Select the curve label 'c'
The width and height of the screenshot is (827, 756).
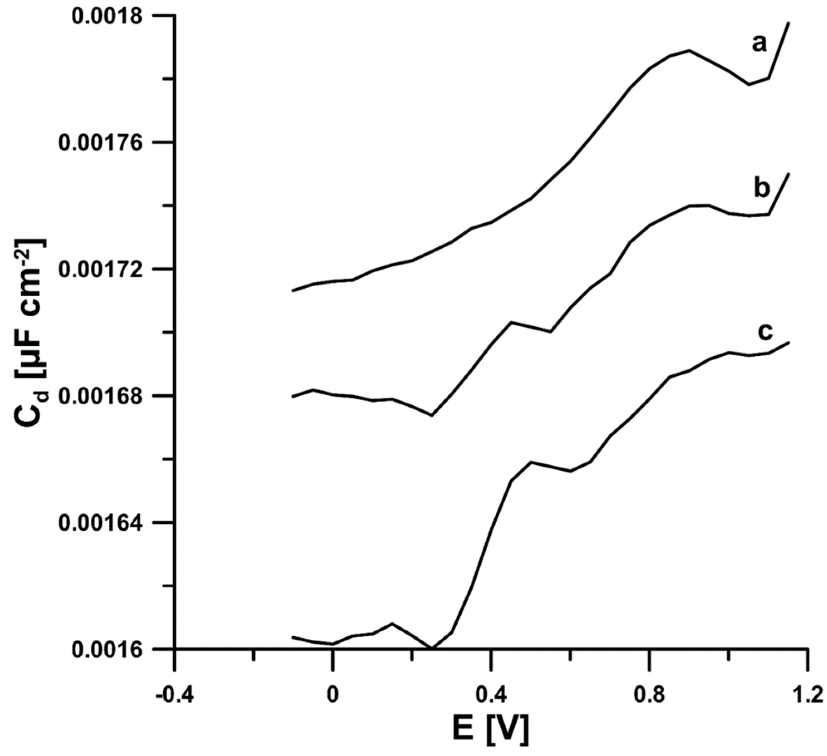click(x=765, y=332)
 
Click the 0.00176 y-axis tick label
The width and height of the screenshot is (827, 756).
click(x=100, y=143)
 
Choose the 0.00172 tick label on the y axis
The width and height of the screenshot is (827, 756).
click(x=100, y=269)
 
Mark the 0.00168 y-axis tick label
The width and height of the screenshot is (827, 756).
click(x=100, y=396)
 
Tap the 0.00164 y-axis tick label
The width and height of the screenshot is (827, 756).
click(x=100, y=522)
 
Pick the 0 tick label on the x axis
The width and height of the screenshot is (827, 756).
click(x=332, y=695)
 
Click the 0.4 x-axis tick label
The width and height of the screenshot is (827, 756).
click(x=491, y=695)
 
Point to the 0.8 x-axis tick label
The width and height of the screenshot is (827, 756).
click(x=649, y=695)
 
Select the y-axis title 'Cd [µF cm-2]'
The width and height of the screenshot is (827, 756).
click(x=31, y=332)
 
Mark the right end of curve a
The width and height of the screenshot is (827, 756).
click(x=788, y=23)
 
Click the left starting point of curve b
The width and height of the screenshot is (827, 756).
click(x=293, y=396)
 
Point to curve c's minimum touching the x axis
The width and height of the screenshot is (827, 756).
click(x=432, y=648)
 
